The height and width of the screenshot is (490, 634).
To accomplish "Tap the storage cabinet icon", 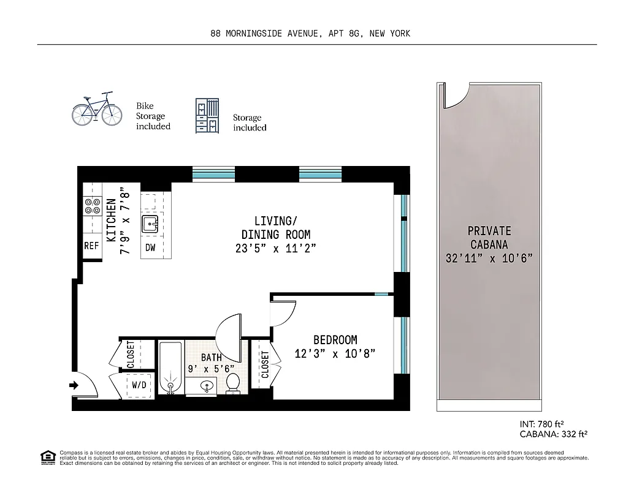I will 208,116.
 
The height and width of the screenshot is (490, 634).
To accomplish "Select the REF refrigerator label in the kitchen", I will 91,246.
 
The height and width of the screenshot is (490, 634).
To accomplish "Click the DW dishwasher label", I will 150,247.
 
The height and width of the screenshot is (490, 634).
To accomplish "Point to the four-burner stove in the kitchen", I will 92,206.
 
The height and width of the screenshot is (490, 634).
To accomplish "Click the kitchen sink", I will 150,225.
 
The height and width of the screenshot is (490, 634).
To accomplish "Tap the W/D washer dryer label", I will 139,385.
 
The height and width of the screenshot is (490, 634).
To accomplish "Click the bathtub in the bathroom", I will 169,369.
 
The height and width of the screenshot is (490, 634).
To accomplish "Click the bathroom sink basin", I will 207,386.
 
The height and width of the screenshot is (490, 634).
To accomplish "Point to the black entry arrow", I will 74,385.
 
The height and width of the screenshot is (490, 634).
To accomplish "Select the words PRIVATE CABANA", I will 489,238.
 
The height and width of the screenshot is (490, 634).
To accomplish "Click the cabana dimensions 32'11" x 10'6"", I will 489,258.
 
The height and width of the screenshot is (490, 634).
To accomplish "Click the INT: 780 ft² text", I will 541,423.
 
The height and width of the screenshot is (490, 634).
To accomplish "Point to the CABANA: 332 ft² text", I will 554,434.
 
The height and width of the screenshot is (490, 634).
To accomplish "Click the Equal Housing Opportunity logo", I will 47,458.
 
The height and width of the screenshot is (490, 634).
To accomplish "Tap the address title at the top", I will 310,34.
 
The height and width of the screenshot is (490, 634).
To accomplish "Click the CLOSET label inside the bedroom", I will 265,364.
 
